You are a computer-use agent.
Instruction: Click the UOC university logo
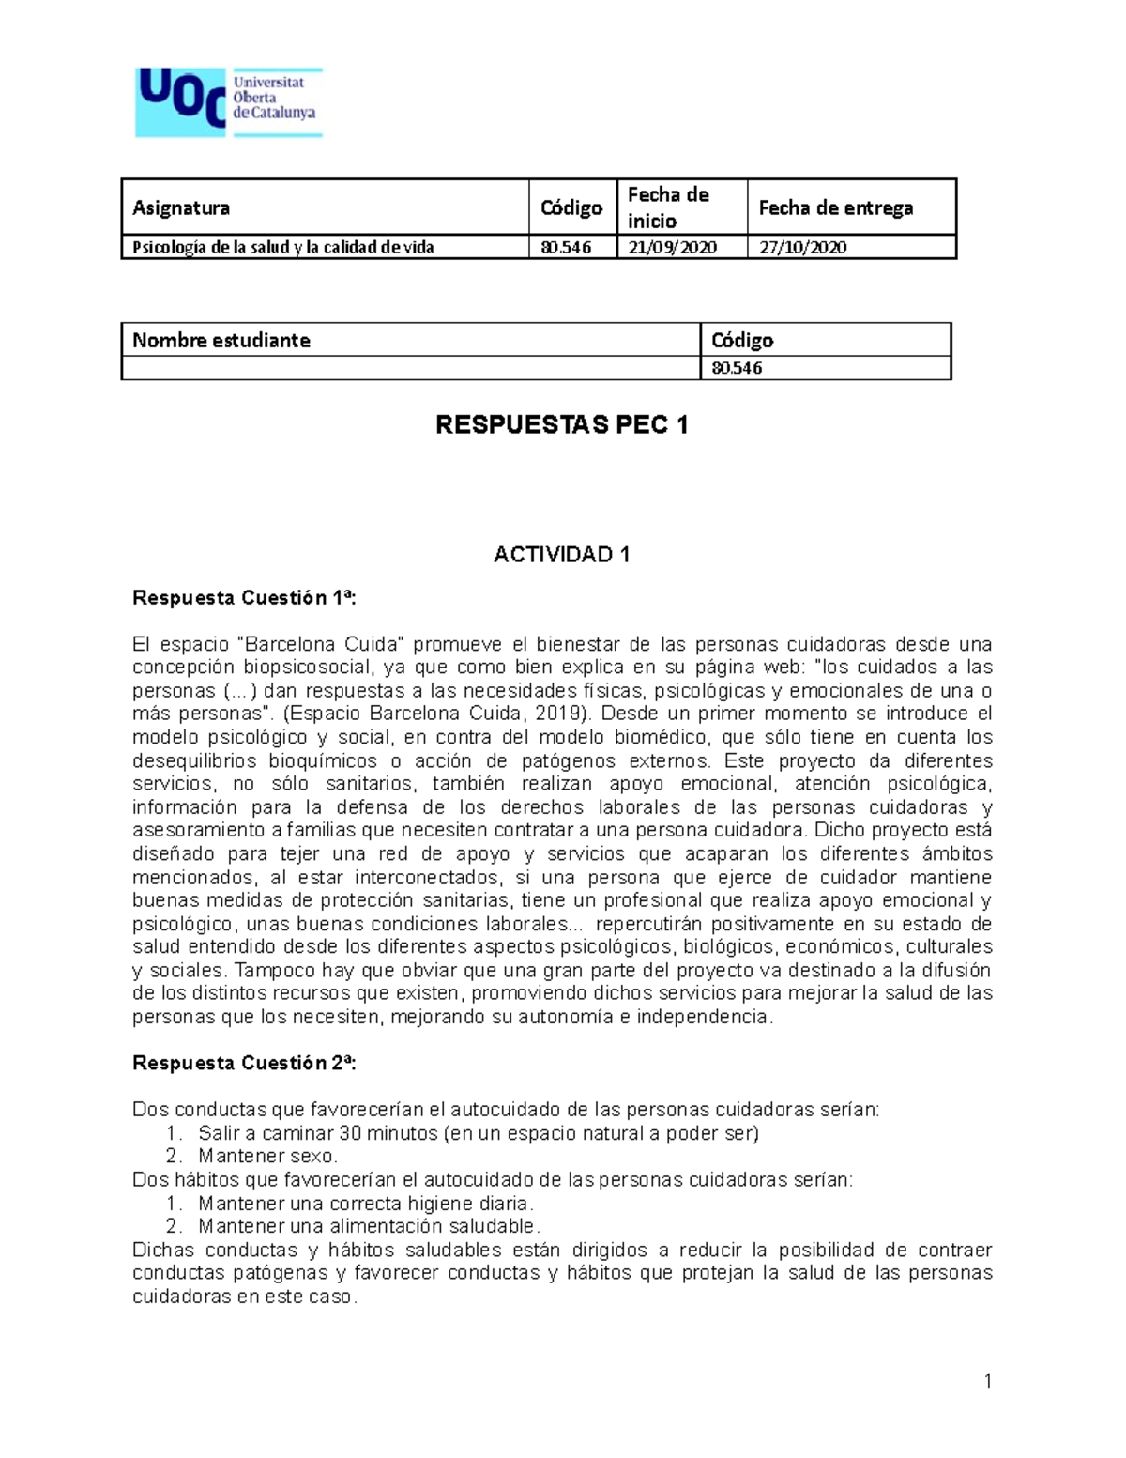(229, 102)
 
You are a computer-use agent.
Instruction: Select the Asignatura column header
(181, 208)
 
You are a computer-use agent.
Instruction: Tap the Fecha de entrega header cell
(835, 208)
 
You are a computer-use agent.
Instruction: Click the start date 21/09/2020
(673, 248)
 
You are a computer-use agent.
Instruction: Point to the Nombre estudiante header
(221, 340)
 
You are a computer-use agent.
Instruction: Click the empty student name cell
(410, 368)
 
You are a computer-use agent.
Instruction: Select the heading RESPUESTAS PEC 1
(562, 425)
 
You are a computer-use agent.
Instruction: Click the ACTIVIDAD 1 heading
(562, 555)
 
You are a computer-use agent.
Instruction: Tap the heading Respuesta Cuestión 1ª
(244, 598)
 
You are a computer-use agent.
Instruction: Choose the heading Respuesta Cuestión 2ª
(244, 1063)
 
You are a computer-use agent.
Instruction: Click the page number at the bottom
(987, 1380)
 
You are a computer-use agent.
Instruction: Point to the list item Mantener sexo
(267, 1156)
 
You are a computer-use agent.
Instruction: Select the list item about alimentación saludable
(369, 1226)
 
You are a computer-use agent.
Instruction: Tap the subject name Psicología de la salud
(282, 248)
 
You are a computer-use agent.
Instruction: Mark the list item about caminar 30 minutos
(478, 1133)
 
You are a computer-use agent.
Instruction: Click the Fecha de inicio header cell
(668, 207)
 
